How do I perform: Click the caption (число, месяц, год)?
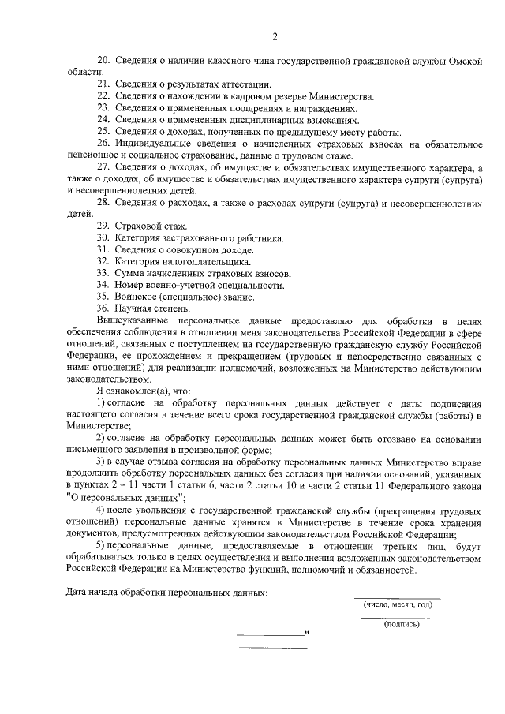point(398,605)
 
